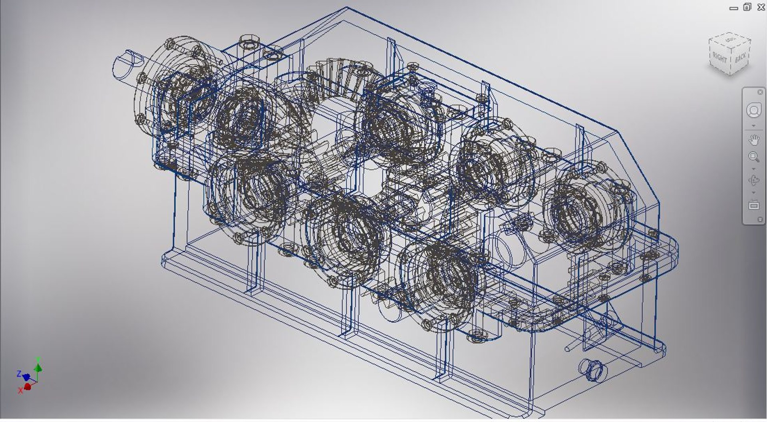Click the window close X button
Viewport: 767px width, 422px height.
pos(761,7)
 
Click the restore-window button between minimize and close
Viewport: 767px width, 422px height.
pos(747,7)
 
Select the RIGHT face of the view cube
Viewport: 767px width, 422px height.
pos(719,58)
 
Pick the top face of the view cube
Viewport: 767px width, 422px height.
pos(730,40)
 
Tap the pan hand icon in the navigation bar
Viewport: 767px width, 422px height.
pos(754,140)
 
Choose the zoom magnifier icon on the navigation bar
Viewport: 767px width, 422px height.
pos(754,157)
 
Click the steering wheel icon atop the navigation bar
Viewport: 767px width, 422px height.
pos(754,111)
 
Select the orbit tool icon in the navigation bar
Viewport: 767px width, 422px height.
pos(754,181)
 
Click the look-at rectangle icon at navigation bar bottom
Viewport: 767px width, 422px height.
pos(754,205)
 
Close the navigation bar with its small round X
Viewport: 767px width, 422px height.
pos(760,92)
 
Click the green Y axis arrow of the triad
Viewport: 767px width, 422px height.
pos(38,366)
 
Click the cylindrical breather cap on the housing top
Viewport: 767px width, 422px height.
pos(249,42)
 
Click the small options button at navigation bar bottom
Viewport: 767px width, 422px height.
pos(760,219)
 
